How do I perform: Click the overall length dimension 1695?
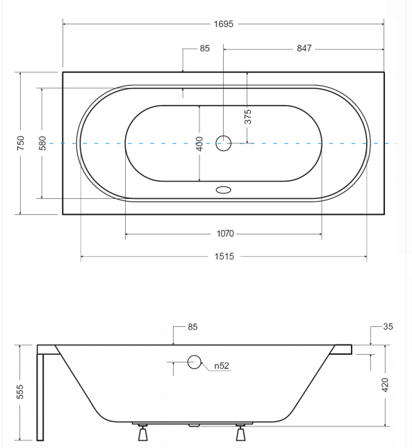(223, 24)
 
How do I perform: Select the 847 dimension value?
(303, 49)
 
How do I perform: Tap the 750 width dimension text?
(21, 143)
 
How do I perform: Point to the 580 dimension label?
(42, 143)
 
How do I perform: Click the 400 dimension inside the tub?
(199, 143)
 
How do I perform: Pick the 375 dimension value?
(247, 116)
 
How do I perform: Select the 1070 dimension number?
(223, 234)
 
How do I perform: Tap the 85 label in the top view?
(204, 49)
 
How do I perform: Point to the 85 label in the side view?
(193, 326)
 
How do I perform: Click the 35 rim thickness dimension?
(387, 326)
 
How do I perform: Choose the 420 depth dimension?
(385, 385)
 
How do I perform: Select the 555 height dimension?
(21, 391)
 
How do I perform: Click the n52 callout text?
(222, 365)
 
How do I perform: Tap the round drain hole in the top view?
(223, 143)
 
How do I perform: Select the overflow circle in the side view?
(194, 361)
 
